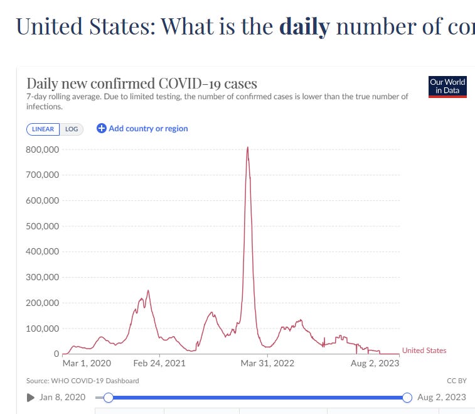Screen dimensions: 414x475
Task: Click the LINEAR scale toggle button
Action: point(43,129)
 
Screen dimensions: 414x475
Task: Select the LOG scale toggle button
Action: point(72,129)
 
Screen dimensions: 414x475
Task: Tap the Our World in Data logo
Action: point(448,87)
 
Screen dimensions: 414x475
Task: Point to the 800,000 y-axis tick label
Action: point(43,150)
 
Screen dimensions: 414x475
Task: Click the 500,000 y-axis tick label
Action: point(43,226)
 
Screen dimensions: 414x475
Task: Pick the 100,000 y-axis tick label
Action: point(43,329)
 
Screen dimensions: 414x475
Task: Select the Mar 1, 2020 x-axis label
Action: point(87,363)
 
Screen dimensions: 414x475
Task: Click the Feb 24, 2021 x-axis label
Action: point(159,363)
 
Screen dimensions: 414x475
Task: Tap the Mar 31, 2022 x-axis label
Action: point(268,363)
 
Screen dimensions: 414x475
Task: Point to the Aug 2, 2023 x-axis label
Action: point(375,363)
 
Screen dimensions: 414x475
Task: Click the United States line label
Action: point(424,351)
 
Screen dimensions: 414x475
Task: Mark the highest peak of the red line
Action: point(248,148)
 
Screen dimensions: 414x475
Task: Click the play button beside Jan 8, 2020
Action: point(31,397)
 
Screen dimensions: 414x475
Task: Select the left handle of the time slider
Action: point(108,397)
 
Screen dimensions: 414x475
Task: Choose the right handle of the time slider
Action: point(407,397)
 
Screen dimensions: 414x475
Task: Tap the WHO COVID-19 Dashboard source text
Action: point(83,381)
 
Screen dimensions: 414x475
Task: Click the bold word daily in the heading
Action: point(304,26)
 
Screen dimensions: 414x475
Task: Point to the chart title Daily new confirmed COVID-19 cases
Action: point(142,84)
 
